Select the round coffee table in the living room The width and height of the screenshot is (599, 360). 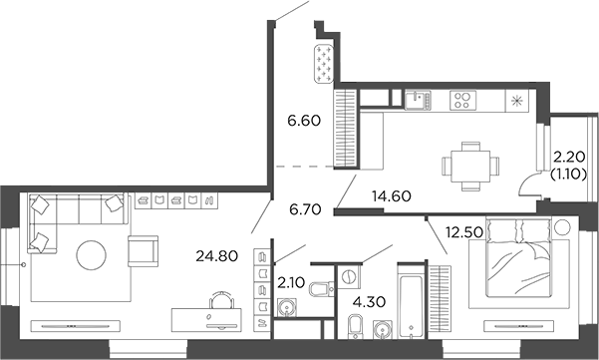[93, 256]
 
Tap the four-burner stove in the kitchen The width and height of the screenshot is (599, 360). [463, 100]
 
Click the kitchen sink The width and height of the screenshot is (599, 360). [418, 100]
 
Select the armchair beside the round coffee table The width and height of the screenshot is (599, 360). [143, 249]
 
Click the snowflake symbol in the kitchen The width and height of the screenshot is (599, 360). [516, 102]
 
